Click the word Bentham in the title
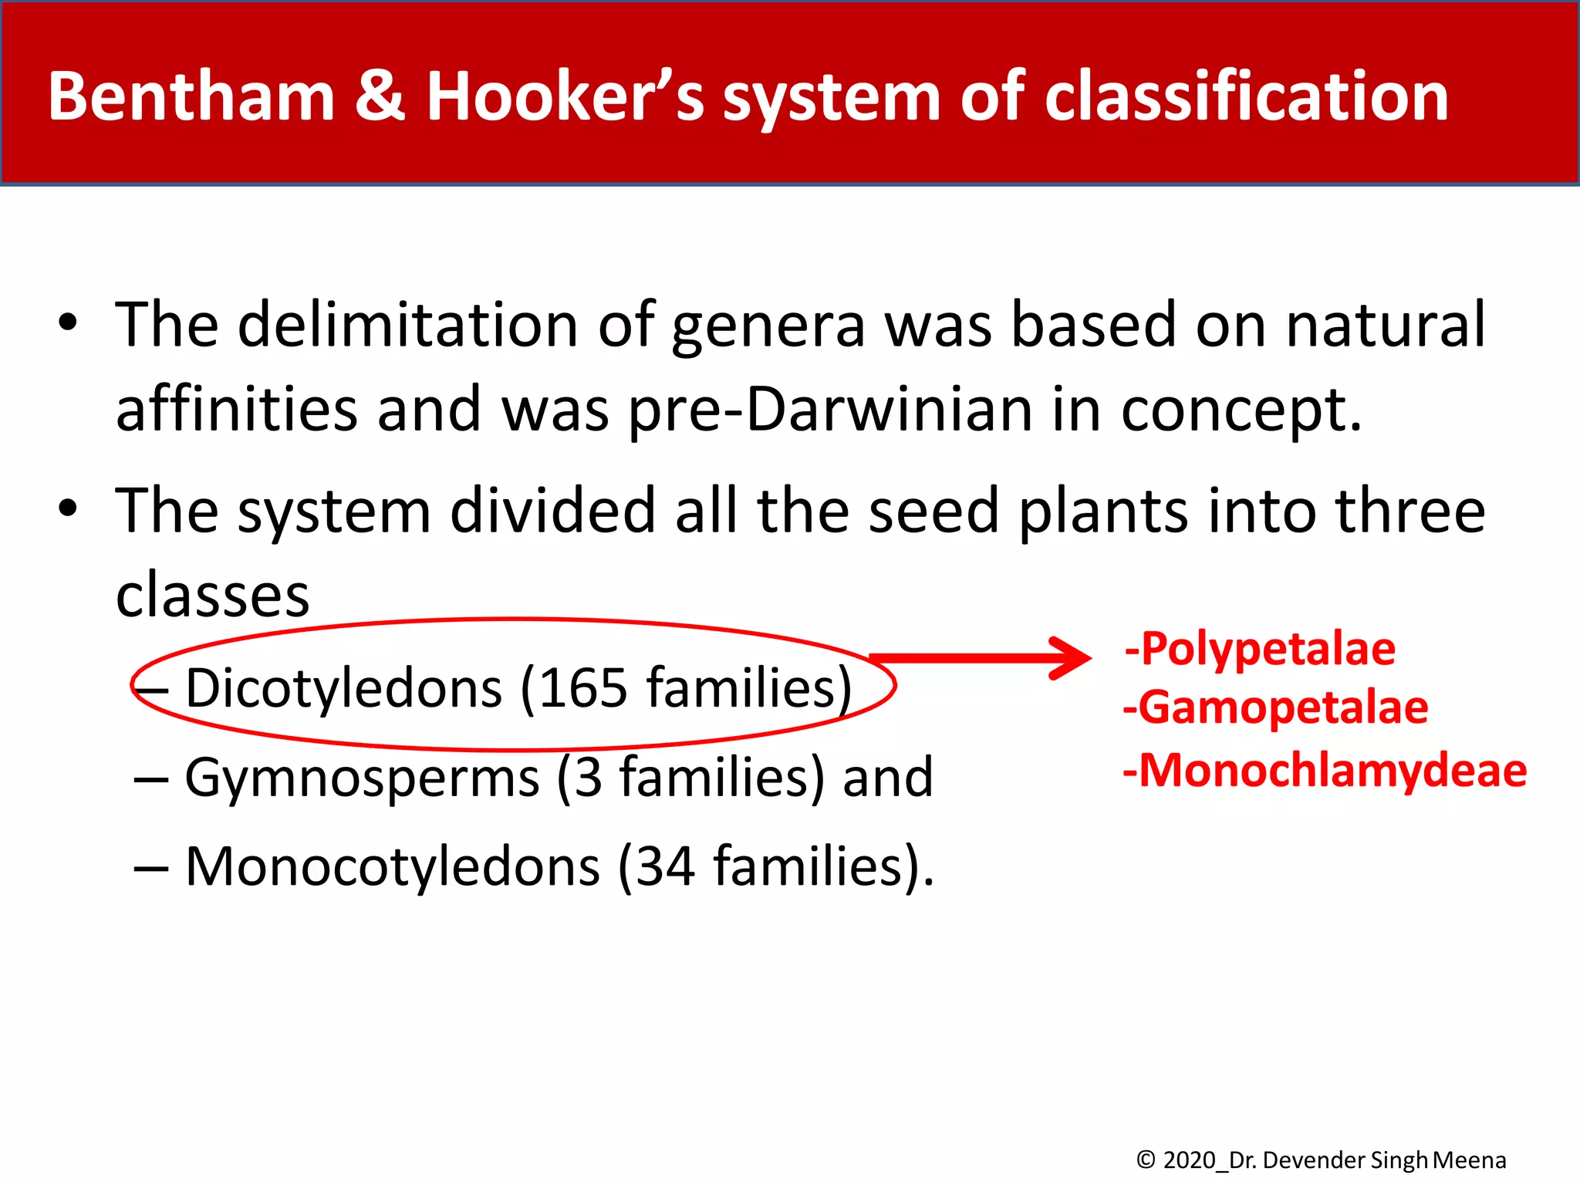click(x=191, y=96)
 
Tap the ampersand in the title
click(x=380, y=96)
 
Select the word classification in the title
click(x=1246, y=96)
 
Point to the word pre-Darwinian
click(x=831, y=410)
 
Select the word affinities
click(x=237, y=410)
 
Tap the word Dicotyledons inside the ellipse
click(x=344, y=687)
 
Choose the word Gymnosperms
click(x=362, y=778)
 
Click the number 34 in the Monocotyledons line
click(x=664, y=866)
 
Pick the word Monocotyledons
click(x=393, y=866)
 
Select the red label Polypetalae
click(x=1268, y=649)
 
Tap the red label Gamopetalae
click(x=1283, y=707)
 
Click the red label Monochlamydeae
click(x=1332, y=770)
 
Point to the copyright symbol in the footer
click(x=1146, y=1160)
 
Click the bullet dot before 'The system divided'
click(x=68, y=508)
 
